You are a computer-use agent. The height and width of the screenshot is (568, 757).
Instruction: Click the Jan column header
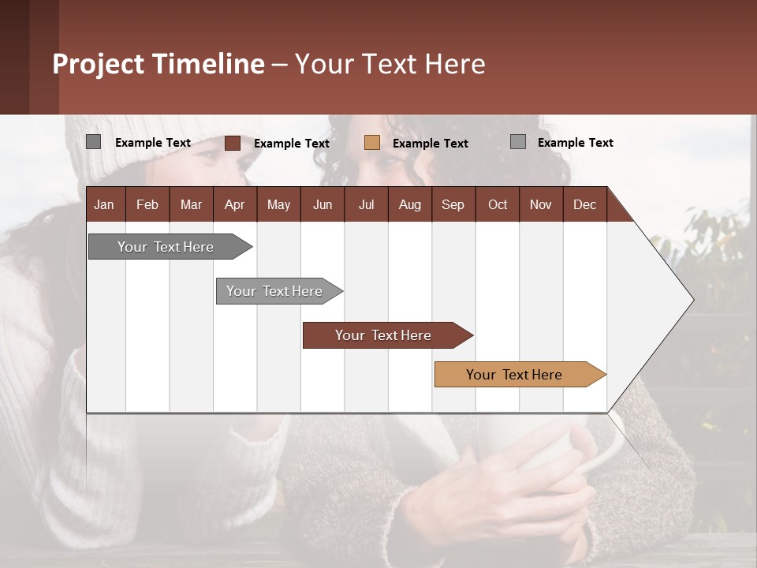pos(104,204)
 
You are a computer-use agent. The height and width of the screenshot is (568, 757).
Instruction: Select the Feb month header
pos(147,204)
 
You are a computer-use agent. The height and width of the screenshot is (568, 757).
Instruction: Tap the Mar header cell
pos(191,204)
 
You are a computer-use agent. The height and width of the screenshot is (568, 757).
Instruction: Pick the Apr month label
pos(234,204)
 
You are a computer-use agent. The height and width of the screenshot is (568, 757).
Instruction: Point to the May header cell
pos(278,204)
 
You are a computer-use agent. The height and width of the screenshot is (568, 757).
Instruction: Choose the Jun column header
pos(323,204)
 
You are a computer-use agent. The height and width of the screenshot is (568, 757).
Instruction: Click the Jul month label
pos(366,204)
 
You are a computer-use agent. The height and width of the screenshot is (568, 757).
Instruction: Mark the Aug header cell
pos(409,204)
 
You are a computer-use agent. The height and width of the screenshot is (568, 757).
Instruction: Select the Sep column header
pos(453,204)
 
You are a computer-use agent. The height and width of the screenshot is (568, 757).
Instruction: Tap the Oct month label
pos(498,204)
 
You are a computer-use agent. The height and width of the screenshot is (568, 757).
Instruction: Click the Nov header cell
pos(541,204)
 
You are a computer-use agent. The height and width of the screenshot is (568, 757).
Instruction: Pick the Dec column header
pos(584,204)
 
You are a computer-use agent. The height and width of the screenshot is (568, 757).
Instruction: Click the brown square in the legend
pos(233,143)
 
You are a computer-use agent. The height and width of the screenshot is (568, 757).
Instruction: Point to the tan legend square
pos(372,143)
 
